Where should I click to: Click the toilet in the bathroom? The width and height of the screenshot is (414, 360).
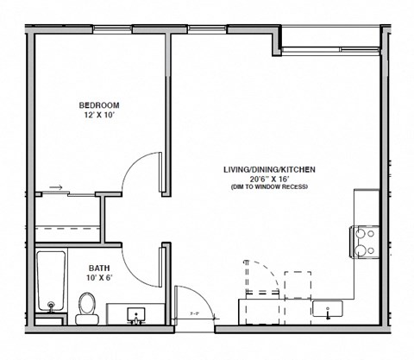tap(87, 307)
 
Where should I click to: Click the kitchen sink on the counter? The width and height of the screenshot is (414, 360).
tap(329, 308)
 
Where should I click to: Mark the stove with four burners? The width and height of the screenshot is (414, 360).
tap(364, 242)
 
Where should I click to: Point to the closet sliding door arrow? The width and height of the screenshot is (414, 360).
tap(55, 186)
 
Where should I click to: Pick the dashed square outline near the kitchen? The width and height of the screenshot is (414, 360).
tap(298, 283)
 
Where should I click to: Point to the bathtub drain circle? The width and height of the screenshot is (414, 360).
tap(51, 305)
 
